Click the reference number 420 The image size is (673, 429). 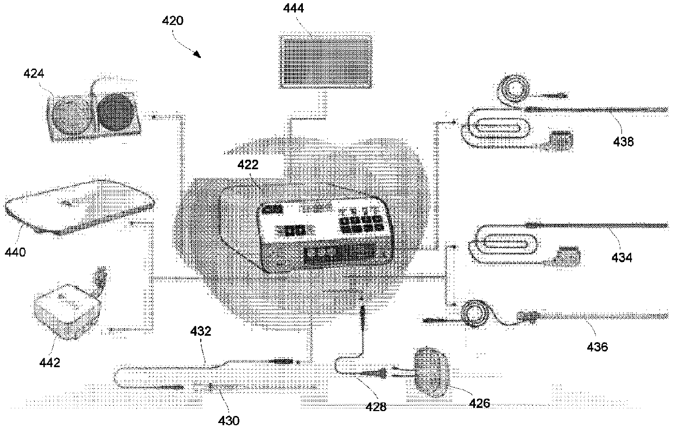click(173, 22)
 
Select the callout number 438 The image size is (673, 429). click(622, 142)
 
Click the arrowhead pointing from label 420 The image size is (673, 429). click(198, 54)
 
